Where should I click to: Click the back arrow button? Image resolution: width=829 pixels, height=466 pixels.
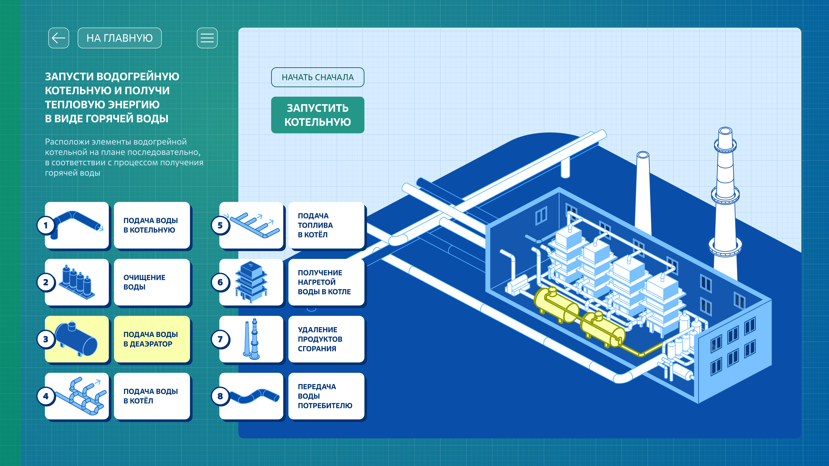point(59,38)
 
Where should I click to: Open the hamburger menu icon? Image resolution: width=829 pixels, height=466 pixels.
point(207,38)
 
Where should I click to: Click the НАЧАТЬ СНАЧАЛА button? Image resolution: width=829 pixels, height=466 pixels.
point(317,77)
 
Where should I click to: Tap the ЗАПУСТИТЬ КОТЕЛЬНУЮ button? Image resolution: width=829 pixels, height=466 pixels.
point(317,115)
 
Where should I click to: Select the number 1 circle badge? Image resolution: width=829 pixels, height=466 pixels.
point(46,225)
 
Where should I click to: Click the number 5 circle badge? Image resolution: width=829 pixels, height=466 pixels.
point(220,225)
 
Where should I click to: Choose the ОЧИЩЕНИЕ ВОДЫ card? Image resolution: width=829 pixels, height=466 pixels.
point(152,282)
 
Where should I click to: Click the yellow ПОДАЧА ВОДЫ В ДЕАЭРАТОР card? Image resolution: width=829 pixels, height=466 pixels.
point(152,339)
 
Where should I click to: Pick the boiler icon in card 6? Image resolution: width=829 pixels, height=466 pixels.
point(251,282)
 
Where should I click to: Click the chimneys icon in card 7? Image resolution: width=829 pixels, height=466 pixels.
point(251,339)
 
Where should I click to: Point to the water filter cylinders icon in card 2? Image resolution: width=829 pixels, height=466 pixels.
point(78,282)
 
